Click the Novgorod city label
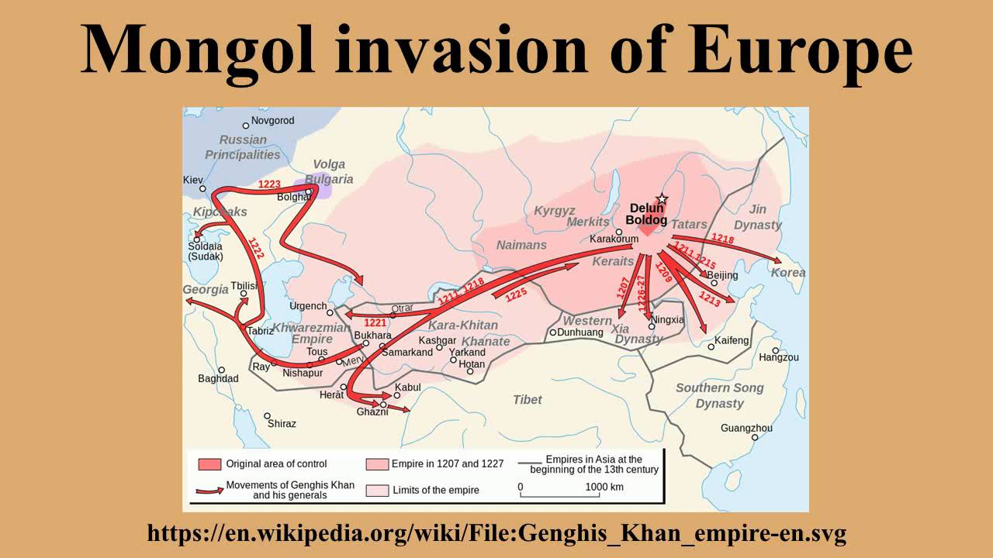[x=272, y=121]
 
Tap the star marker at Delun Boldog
[x=662, y=199]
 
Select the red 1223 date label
[x=269, y=184]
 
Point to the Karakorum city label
[x=614, y=239]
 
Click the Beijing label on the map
[x=722, y=275]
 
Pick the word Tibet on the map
[x=528, y=400]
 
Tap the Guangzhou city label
[x=746, y=428]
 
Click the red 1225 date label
[x=516, y=295]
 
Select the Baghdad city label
[x=218, y=379]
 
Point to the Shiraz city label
[x=282, y=424]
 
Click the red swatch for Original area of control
[x=209, y=464]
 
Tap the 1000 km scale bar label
[x=605, y=487]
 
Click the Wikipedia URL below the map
[x=496, y=533]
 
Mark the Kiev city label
[x=192, y=180]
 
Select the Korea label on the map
[x=787, y=273]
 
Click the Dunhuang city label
[x=580, y=332]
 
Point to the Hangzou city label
[x=778, y=357]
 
